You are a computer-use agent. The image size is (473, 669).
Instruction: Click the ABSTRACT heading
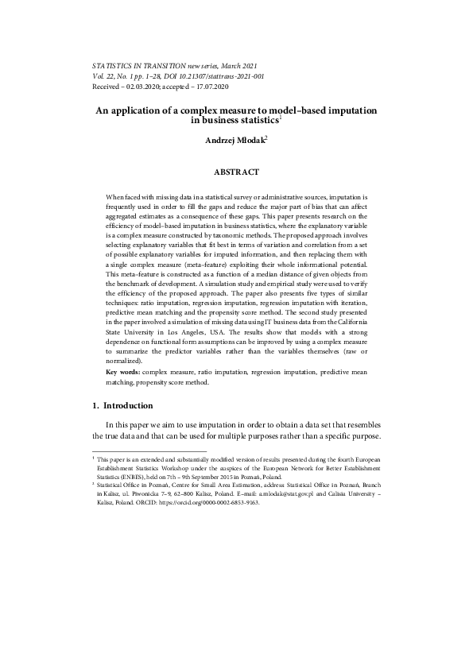[x=236, y=171]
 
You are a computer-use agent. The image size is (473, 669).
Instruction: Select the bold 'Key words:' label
[x=125, y=371]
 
